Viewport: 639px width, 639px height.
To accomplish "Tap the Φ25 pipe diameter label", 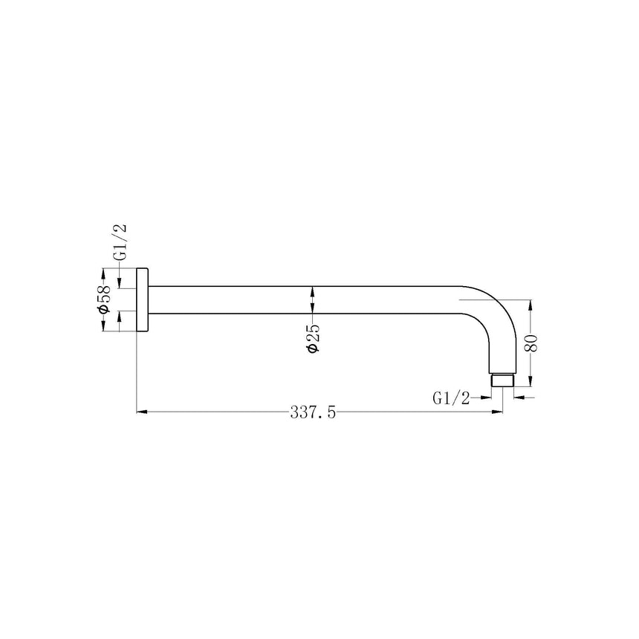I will point(313,339).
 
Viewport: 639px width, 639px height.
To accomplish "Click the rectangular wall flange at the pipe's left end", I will point(142,299).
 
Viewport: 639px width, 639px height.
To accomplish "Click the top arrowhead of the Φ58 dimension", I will point(104,273).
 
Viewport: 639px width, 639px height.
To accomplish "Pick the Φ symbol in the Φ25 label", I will point(313,349).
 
